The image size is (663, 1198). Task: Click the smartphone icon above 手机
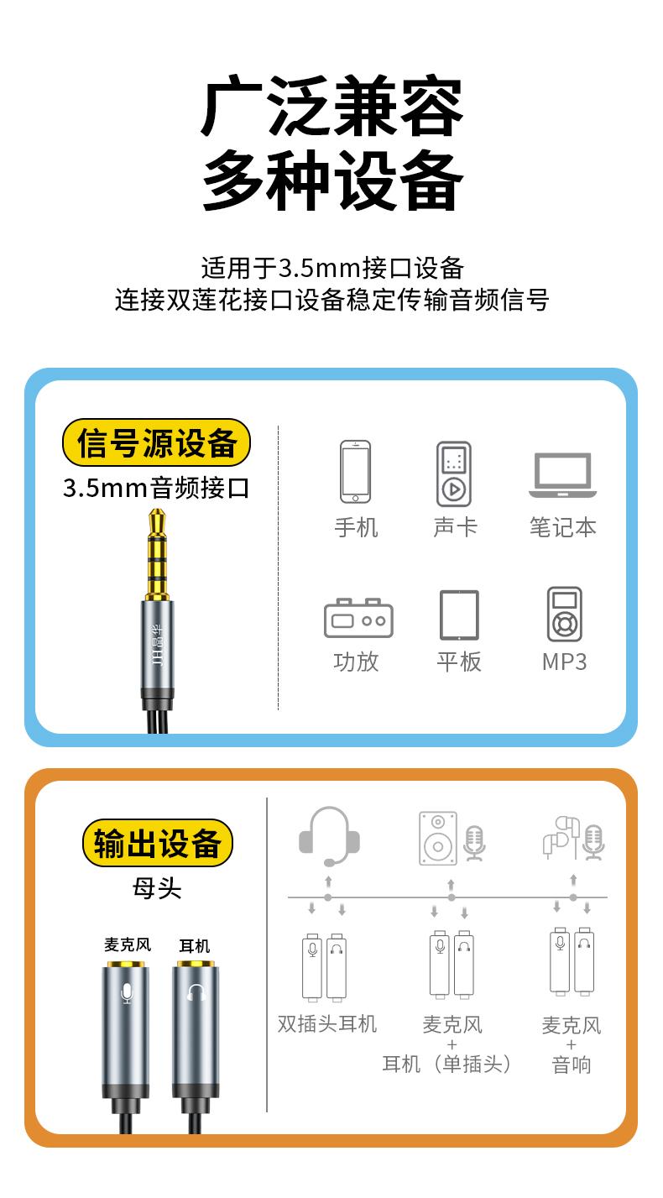tap(356, 472)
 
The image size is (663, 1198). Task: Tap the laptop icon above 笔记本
tap(562, 475)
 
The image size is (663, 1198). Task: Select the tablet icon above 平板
tap(459, 615)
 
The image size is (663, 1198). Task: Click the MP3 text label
tap(564, 662)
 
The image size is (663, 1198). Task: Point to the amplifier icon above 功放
tap(358, 618)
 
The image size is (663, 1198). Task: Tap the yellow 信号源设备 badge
tap(156, 442)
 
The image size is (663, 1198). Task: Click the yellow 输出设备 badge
tap(157, 844)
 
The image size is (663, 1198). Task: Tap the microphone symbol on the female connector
tap(126, 992)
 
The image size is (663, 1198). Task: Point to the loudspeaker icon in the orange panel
tap(438, 838)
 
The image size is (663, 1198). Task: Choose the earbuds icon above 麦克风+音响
tap(561, 838)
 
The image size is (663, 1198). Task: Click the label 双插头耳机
tap(327, 1023)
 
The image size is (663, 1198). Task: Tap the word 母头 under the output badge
tap(157, 889)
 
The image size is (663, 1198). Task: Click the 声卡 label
tap(455, 527)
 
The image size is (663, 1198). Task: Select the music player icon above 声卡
tap(454, 473)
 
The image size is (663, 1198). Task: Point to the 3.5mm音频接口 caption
tap(156, 488)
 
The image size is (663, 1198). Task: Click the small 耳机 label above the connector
tap(195, 945)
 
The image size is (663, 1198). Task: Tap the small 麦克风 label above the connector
tap(128, 944)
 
